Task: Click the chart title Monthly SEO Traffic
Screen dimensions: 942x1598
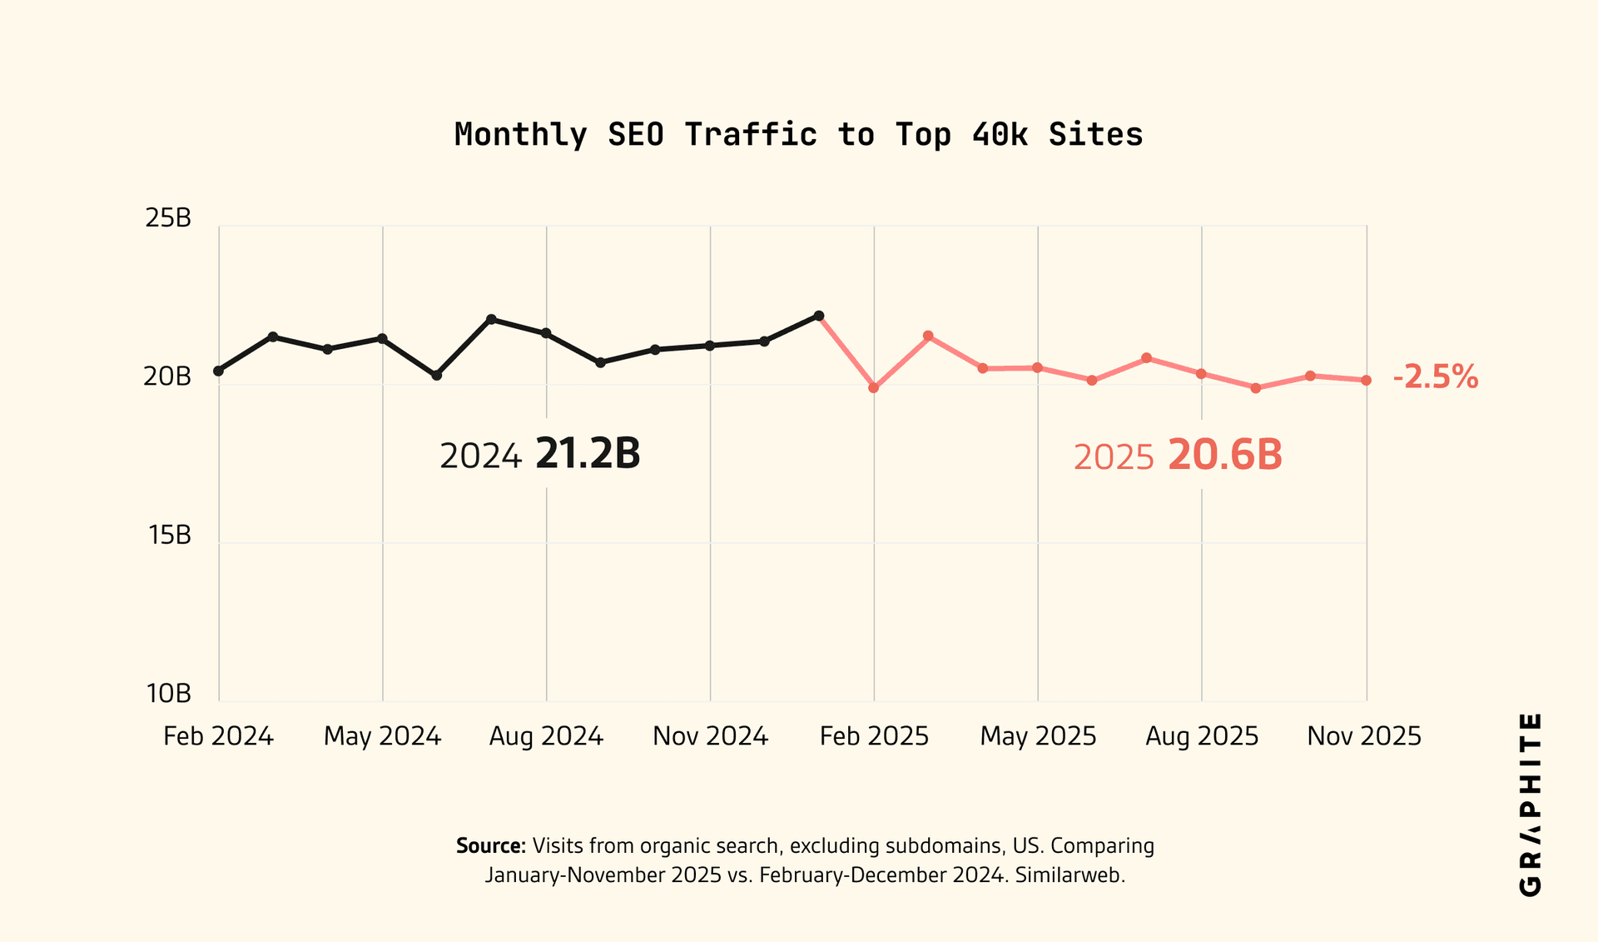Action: click(x=798, y=135)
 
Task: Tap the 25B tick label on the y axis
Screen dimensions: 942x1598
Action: click(x=168, y=218)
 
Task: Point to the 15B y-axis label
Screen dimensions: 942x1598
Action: click(x=170, y=536)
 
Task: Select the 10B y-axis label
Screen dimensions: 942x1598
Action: click(x=169, y=694)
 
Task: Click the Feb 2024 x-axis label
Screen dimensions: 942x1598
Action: click(x=218, y=736)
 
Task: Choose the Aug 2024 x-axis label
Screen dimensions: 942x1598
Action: click(x=546, y=736)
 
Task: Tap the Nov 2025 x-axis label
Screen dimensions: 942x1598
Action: click(x=1364, y=736)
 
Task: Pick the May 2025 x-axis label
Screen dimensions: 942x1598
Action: click(x=1038, y=736)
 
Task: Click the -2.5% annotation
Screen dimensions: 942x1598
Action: click(x=1436, y=377)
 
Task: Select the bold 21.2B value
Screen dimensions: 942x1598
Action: click(x=588, y=455)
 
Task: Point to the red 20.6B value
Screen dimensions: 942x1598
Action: click(x=1225, y=456)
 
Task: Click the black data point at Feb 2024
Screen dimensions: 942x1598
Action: click(x=218, y=371)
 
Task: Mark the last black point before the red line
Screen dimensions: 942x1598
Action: click(x=819, y=316)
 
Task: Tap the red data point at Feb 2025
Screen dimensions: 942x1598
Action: click(x=873, y=388)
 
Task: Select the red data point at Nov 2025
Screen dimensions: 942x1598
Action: click(x=1366, y=381)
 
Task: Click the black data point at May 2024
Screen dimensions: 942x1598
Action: click(x=382, y=339)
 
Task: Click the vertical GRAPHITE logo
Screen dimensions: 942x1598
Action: click(x=1530, y=805)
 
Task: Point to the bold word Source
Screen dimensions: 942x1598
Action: click(x=490, y=846)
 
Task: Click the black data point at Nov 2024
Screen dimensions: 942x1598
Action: click(x=709, y=346)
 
